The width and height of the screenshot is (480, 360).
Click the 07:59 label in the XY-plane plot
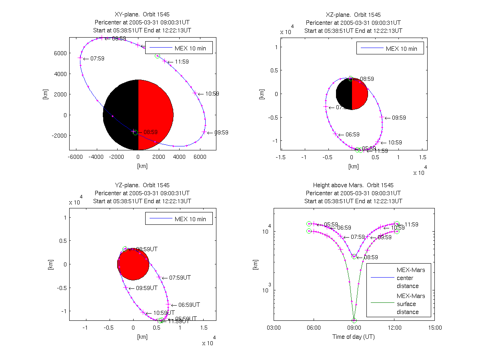[x=98, y=58]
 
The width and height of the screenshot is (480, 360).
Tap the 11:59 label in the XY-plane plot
[x=182, y=62]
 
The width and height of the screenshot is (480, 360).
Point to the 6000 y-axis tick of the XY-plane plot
[x=60, y=53]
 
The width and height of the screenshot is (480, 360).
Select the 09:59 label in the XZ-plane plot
[x=399, y=118]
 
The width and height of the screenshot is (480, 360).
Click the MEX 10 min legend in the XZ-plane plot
[x=390, y=49]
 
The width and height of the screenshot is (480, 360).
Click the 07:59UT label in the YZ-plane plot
[x=180, y=277]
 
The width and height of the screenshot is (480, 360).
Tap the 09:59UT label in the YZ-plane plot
[x=146, y=288]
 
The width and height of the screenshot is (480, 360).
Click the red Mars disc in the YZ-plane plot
[x=133, y=264]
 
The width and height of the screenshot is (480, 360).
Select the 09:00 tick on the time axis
[x=354, y=328]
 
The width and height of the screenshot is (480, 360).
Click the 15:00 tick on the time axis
[x=435, y=328]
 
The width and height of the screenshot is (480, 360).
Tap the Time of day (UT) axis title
[x=354, y=337]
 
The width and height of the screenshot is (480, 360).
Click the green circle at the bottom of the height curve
[x=354, y=320]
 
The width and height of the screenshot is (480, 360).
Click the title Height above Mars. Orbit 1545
[x=353, y=185]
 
